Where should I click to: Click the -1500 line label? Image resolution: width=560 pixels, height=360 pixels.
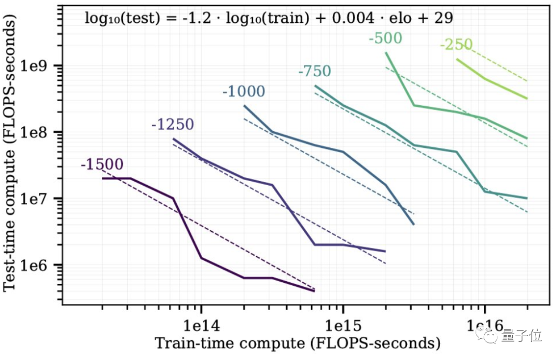click(102, 165)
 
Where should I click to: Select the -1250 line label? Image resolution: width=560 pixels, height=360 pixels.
click(173, 124)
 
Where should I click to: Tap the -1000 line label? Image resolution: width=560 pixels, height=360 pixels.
click(244, 92)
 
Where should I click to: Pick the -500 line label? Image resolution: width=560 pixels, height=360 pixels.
click(385, 39)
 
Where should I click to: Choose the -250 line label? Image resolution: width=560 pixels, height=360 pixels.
click(456, 45)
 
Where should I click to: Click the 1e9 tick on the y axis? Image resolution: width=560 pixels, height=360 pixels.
click(41, 66)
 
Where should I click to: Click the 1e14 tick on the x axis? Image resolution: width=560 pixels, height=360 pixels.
click(201, 326)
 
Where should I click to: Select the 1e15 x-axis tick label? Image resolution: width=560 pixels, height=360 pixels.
click(342, 326)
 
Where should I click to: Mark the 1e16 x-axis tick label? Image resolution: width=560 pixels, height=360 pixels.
click(484, 326)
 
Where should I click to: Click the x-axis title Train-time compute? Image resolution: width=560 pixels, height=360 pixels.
click(298, 343)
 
